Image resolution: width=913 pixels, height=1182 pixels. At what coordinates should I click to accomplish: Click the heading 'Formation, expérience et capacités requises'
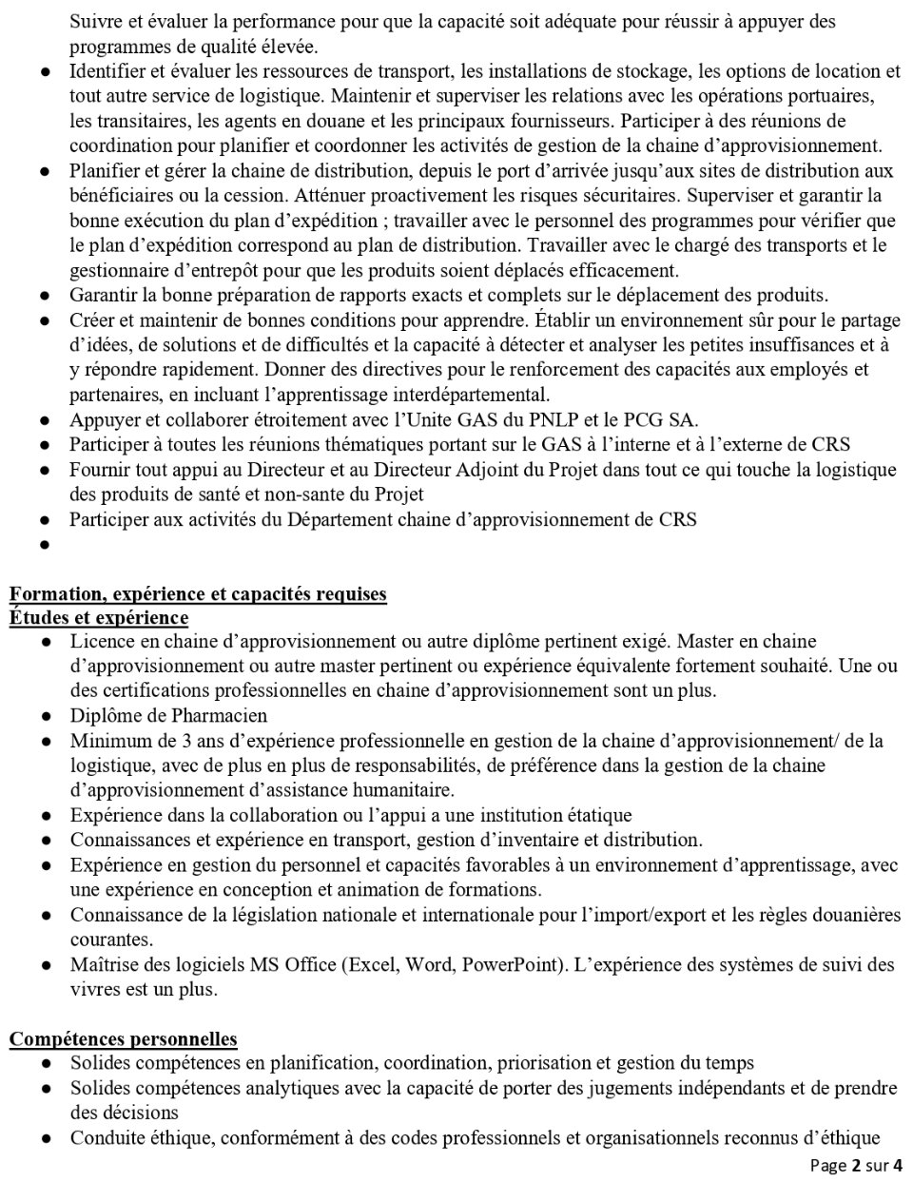click(198, 594)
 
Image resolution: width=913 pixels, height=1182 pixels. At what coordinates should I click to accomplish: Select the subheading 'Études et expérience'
click(99, 618)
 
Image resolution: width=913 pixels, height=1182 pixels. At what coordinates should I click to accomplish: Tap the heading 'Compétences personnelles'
click(124, 1038)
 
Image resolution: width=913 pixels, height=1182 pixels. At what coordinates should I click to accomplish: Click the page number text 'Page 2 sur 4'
click(856, 1165)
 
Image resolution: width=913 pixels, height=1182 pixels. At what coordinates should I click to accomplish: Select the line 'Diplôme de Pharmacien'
click(168, 715)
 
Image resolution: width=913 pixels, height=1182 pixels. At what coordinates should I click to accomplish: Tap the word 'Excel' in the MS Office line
click(374, 964)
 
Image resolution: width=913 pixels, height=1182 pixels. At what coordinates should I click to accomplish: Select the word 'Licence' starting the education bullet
click(99, 641)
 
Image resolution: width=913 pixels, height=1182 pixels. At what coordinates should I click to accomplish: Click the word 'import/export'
click(671, 914)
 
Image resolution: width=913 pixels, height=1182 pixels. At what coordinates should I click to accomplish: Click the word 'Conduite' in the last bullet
click(104, 1137)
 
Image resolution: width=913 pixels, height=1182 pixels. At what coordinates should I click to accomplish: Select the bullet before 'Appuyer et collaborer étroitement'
click(45, 420)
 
